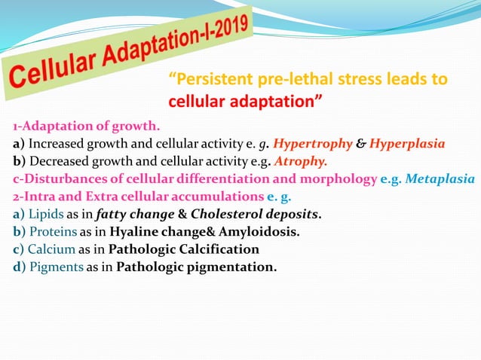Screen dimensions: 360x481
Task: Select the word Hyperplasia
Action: pyautogui.click(x=412, y=143)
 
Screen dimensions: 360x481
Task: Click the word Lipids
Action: pyautogui.click(x=44, y=214)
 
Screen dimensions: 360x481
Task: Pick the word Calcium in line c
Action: pyautogui.click(x=50, y=249)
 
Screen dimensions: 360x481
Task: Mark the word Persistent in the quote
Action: pyautogui.click(x=209, y=79)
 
